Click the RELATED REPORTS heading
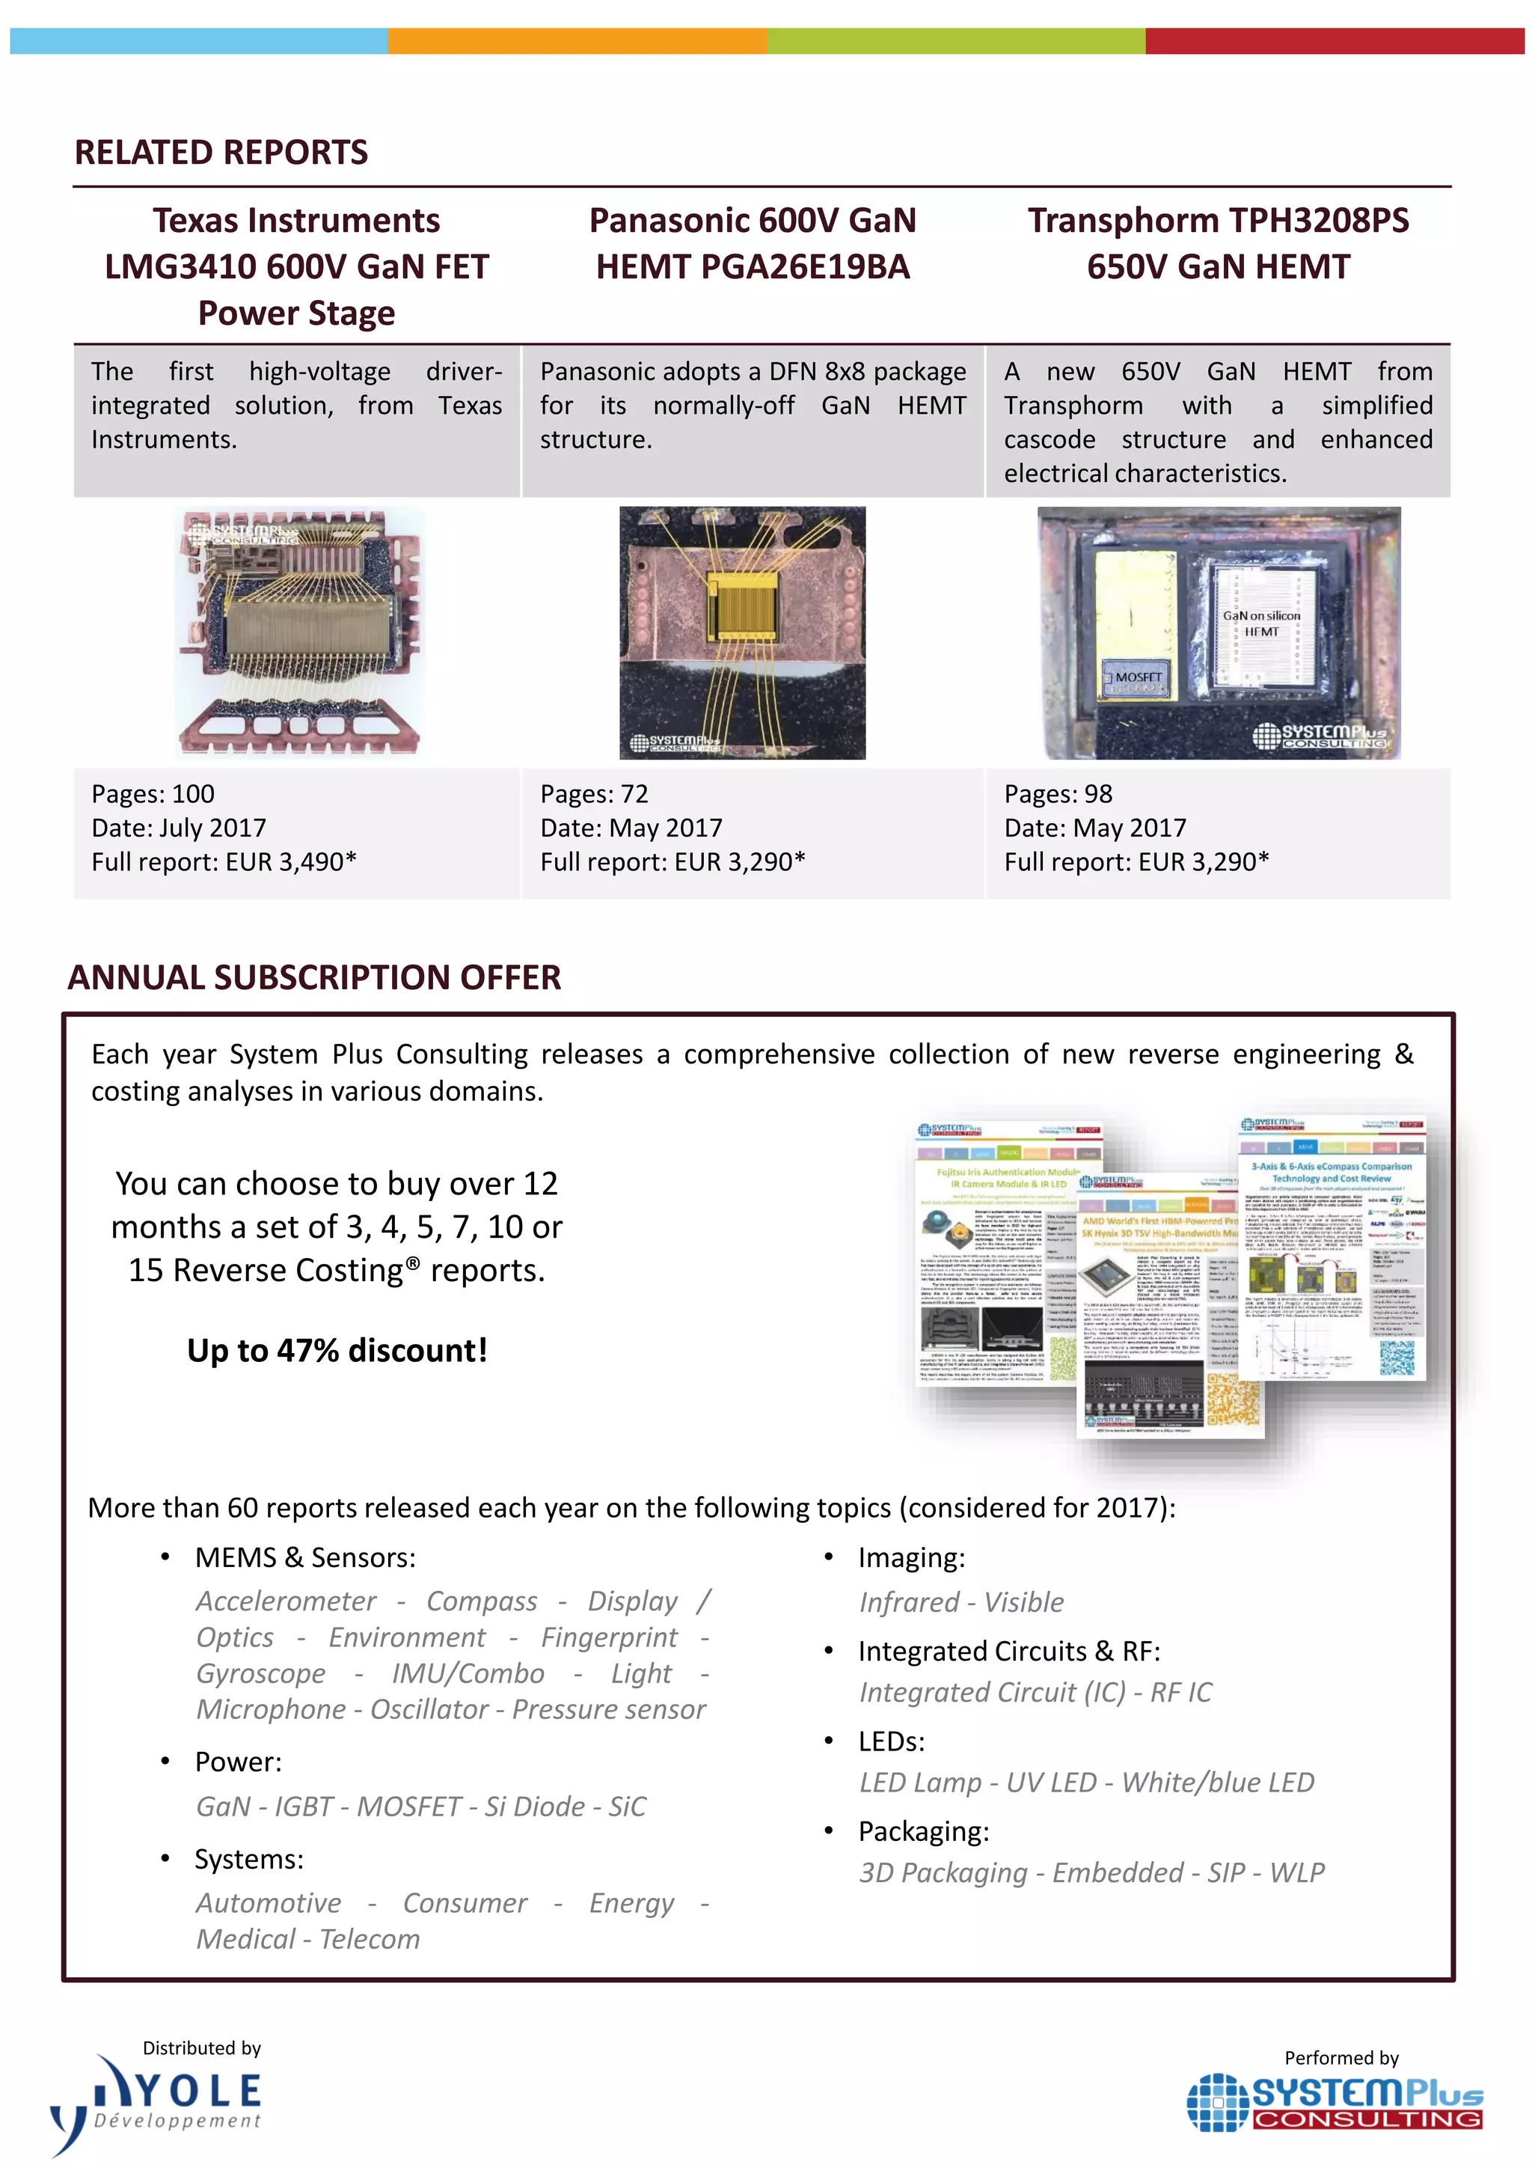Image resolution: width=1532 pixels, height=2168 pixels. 221,152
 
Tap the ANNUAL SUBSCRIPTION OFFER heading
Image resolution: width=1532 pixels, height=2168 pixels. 314,977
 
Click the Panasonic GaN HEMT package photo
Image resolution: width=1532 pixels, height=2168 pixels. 742,632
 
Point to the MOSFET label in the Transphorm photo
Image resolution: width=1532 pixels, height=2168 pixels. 1138,677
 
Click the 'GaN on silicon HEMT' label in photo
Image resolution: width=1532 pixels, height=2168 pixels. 1261,623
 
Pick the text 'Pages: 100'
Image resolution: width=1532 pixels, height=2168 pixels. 153,794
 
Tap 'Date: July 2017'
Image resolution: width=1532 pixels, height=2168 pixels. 178,828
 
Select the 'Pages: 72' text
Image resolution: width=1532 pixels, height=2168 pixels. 594,794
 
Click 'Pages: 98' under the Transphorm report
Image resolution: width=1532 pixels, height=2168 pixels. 1058,794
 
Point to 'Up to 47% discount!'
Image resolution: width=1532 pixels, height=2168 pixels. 337,1350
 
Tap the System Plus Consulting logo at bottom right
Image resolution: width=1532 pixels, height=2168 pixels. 1335,2103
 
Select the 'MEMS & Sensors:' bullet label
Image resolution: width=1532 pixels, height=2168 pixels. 305,1558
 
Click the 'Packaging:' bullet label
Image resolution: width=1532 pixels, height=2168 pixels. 923,1832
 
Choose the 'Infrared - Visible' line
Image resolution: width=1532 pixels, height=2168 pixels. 961,1602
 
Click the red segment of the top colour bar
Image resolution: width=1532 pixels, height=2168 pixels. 1334,40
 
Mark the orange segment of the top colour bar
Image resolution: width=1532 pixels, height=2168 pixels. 577,40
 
